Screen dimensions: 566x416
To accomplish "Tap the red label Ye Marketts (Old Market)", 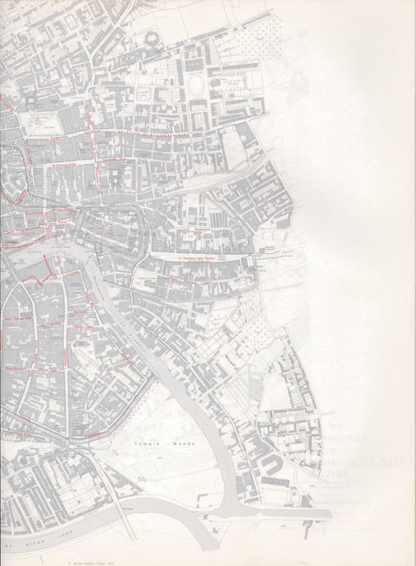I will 196,257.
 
